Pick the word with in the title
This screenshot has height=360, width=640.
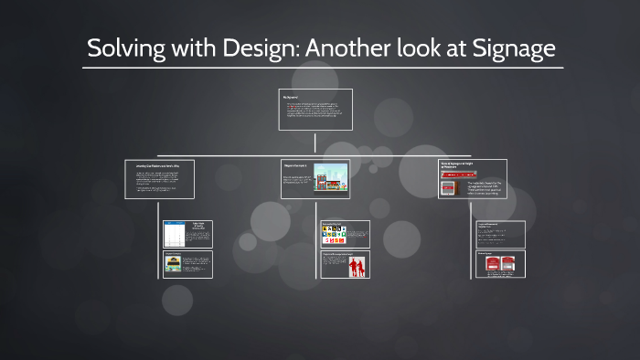(187, 48)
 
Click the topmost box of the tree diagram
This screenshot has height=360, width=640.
(315, 110)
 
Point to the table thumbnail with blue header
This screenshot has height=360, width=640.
(174, 235)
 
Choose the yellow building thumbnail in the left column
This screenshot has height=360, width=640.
(173, 265)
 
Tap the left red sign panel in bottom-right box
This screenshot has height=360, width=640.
(490, 265)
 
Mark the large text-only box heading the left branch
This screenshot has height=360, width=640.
(159, 179)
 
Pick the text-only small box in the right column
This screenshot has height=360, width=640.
(500, 234)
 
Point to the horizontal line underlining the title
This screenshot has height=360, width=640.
(320, 67)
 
